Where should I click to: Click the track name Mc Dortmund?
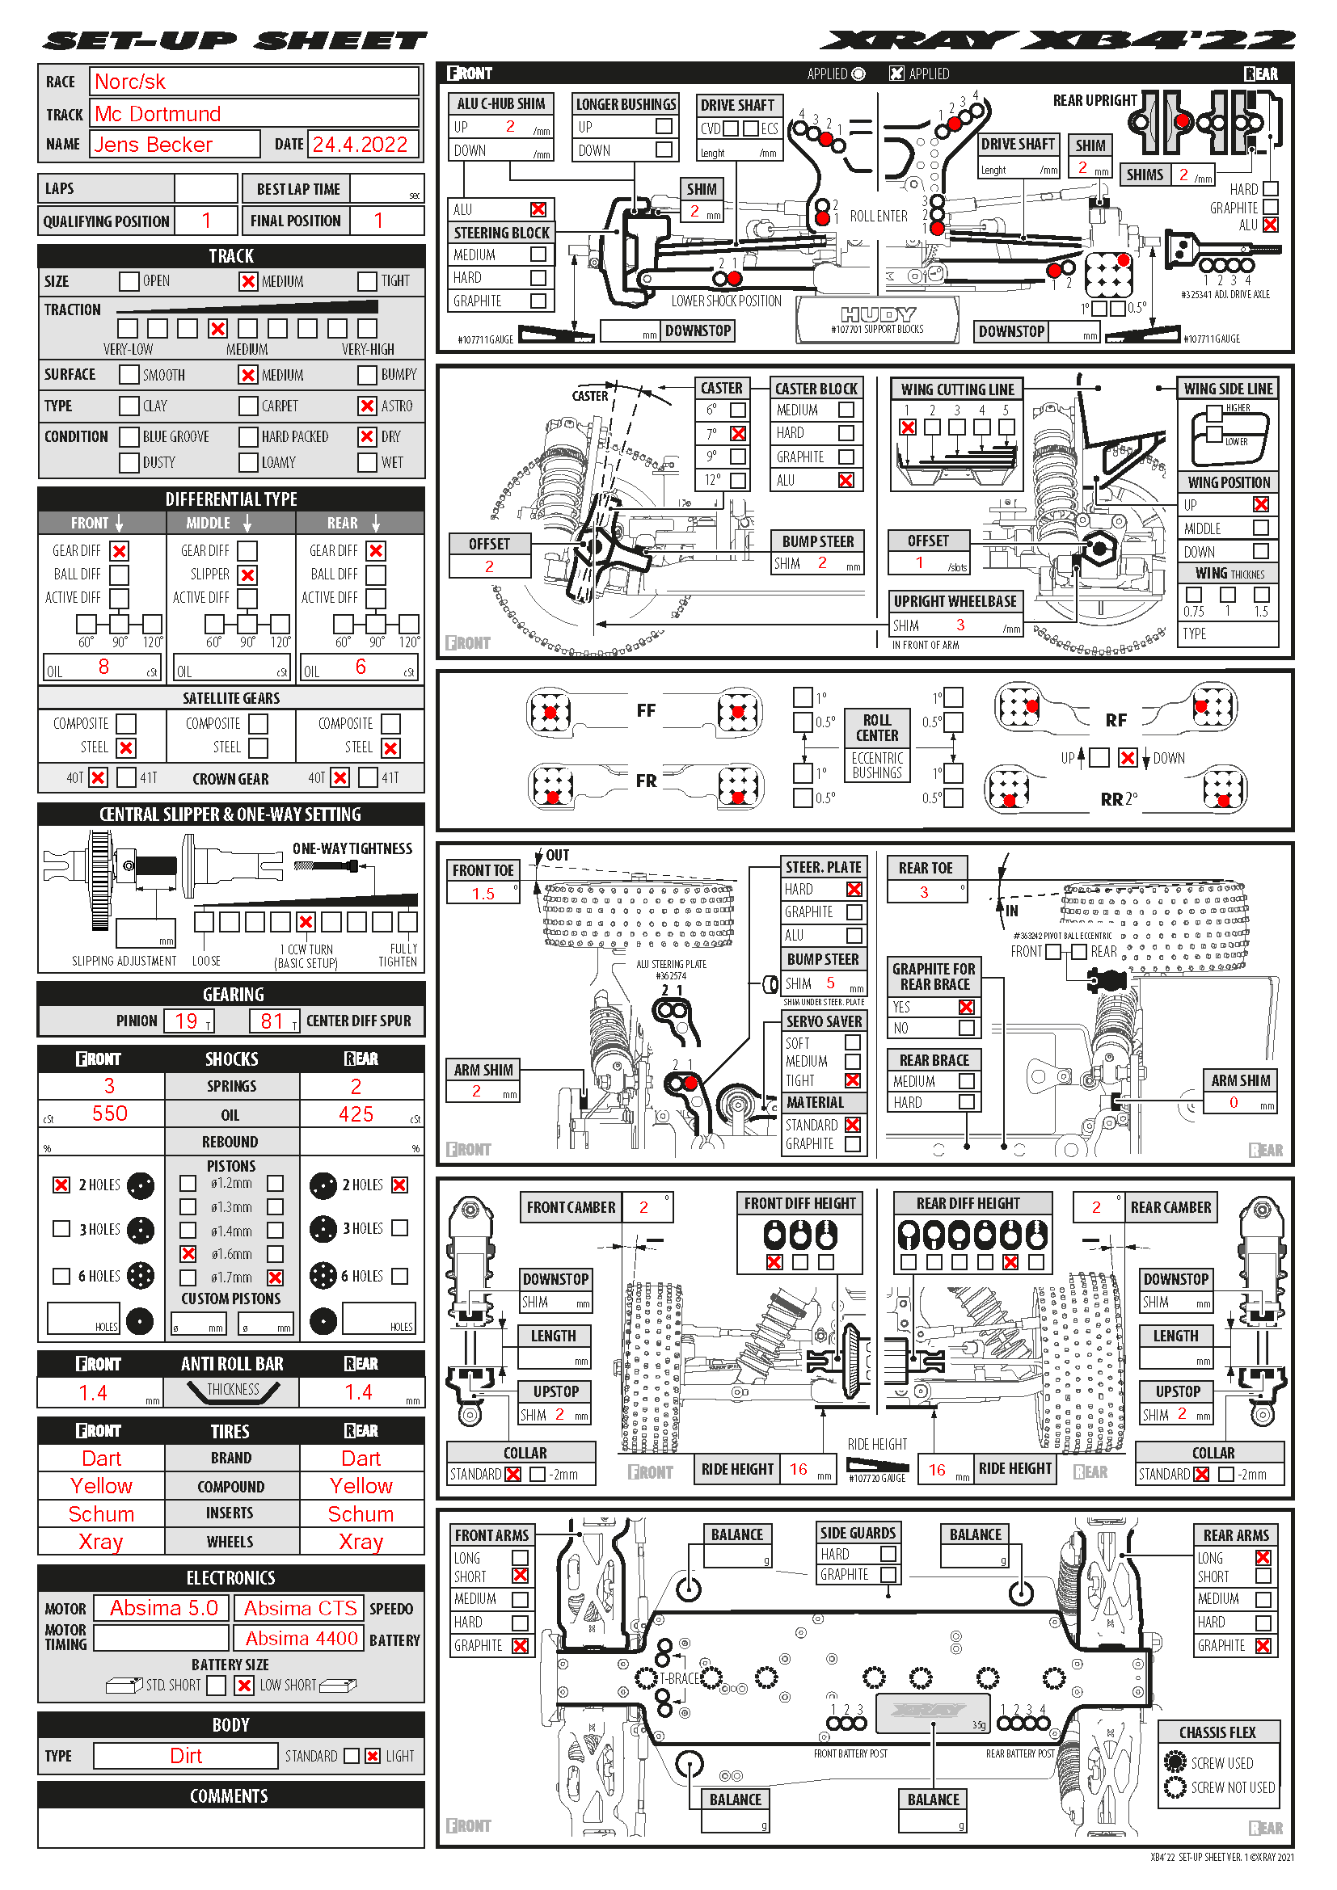tap(158, 114)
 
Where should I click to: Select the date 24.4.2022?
tap(360, 145)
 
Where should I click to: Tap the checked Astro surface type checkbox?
tap(367, 406)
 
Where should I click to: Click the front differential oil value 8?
tap(103, 667)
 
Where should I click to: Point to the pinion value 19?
tap(186, 1021)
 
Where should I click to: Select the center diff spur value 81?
tap(272, 1021)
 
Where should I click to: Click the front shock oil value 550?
tap(109, 1113)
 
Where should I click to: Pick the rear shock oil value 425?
tap(356, 1113)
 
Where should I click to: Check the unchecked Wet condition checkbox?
tap(367, 463)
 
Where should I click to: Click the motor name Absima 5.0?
tap(164, 1608)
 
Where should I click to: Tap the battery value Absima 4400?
tap(302, 1638)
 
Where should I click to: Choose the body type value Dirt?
tap(186, 1756)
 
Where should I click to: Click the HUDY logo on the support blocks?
tap(878, 314)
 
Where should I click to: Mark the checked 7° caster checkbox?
tap(739, 433)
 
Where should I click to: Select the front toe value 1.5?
tap(483, 894)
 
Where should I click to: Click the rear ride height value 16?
tap(937, 1469)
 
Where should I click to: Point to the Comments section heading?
tap(230, 1796)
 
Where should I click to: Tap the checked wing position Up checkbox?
tap(1260, 504)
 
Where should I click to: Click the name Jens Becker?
tap(153, 145)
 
